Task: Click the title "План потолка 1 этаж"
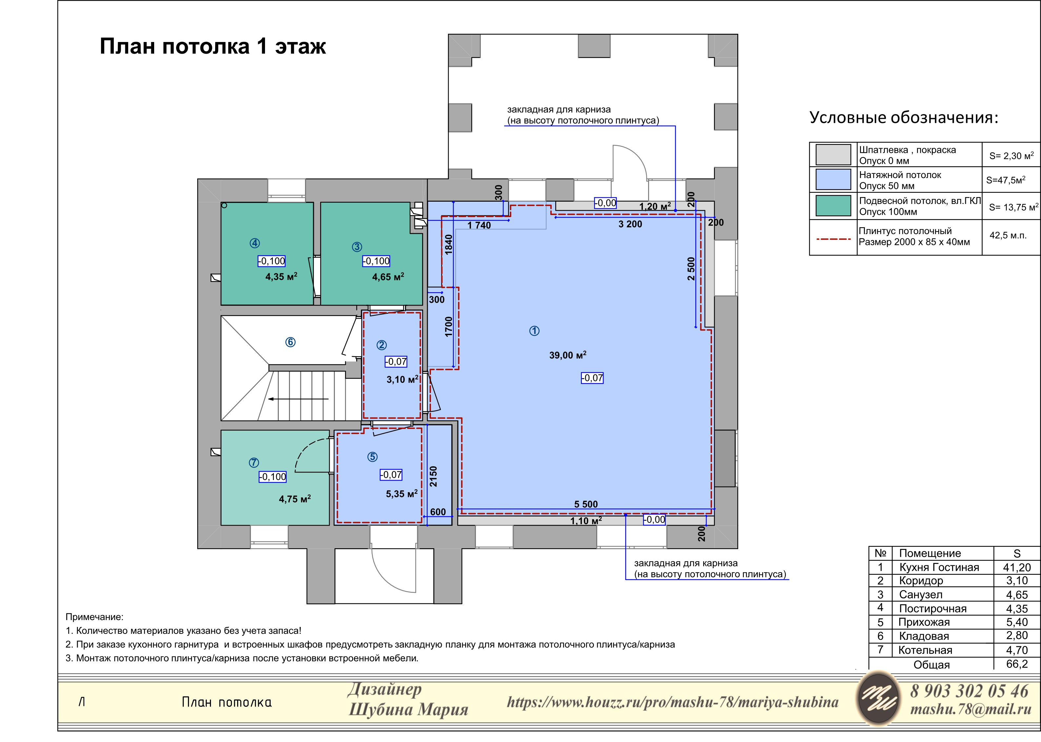[213, 47]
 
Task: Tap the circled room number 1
[534, 331]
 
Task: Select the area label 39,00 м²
[568, 355]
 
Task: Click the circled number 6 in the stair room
[290, 342]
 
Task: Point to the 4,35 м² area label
[281, 276]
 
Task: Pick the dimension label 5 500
[586, 504]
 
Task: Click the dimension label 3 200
[630, 224]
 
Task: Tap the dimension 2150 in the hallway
[434, 476]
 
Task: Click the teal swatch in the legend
[833, 206]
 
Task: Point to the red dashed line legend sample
[833, 238]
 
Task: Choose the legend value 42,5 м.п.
[1008, 235]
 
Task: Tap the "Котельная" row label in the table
[925, 650]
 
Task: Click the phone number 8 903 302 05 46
[969, 691]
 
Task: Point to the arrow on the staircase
[298, 399]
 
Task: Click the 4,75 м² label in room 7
[295, 499]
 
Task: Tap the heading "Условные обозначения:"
[904, 117]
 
